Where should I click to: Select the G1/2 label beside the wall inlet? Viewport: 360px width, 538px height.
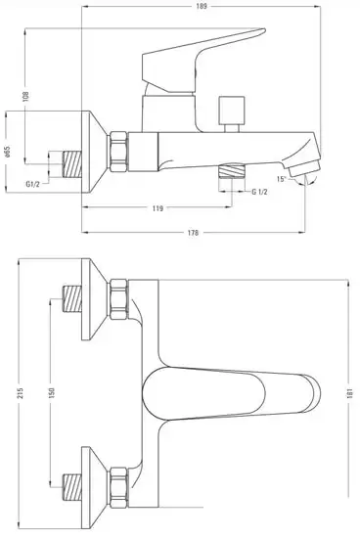point(32,181)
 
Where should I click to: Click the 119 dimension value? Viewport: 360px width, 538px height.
point(157,207)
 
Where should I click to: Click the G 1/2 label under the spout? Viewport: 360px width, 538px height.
point(260,192)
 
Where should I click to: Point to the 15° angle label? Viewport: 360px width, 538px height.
point(282,180)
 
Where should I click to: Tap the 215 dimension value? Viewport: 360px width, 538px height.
point(8,391)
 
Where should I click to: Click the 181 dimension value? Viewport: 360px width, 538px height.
point(350,391)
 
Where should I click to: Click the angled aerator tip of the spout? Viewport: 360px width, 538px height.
point(310,172)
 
